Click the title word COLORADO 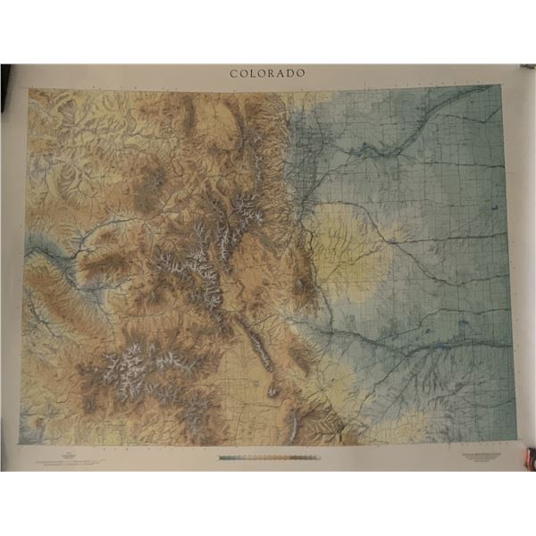pyautogui.click(x=268, y=73)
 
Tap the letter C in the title pyautogui.click(x=234, y=73)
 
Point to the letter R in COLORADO pyautogui.click(x=273, y=73)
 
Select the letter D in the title pyautogui.click(x=293, y=73)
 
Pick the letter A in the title pyautogui.click(x=283, y=73)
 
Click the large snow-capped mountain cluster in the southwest pyautogui.click(x=134, y=366)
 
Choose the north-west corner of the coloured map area pyautogui.click(x=29, y=87)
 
